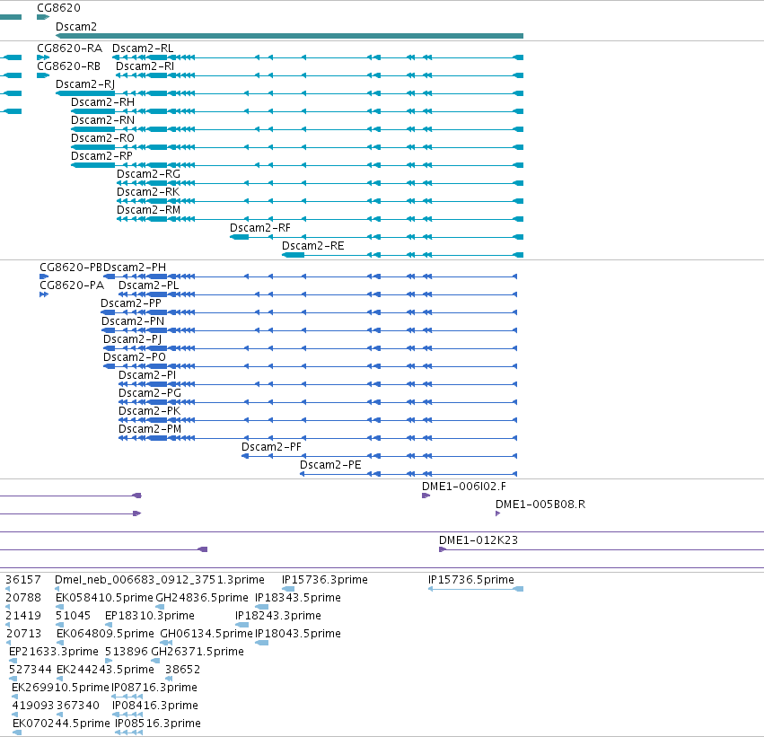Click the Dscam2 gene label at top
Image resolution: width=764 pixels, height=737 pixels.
tap(76, 27)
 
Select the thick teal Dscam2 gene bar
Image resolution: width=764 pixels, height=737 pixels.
tap(289, 36)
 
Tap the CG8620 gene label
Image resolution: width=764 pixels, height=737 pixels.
tap(58, 8)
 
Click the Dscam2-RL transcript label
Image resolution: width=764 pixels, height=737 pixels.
tap(143, 48)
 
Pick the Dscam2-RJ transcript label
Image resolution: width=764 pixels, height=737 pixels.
tap(85, 84)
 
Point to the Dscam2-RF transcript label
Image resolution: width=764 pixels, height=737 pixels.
tap(260, 228)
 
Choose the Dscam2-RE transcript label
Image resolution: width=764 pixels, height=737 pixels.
tap(312, 246)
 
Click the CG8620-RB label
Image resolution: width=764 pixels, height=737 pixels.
tap(69, 66)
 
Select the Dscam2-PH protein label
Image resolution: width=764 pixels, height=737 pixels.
tap(135, 268)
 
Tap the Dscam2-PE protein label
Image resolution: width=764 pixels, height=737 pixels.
tap(330, 465)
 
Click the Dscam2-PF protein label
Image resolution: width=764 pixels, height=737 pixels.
tap(271, 447)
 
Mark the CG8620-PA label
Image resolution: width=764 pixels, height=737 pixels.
tap(72, 285)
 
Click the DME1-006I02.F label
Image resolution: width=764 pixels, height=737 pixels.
tap(464, 487)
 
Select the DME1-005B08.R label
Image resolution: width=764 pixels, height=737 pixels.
tap(540, 504)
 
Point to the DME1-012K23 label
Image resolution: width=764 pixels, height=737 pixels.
tap(478, 540)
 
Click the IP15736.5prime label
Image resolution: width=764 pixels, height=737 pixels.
tap(470, 580)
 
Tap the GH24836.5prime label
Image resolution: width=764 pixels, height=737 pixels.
tap(202, 598)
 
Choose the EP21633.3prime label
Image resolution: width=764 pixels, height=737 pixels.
tap(54, 652)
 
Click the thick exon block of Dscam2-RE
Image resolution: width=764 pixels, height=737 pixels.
tap(294, 255)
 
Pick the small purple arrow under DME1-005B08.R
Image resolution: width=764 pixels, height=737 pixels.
tap(497, 513)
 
